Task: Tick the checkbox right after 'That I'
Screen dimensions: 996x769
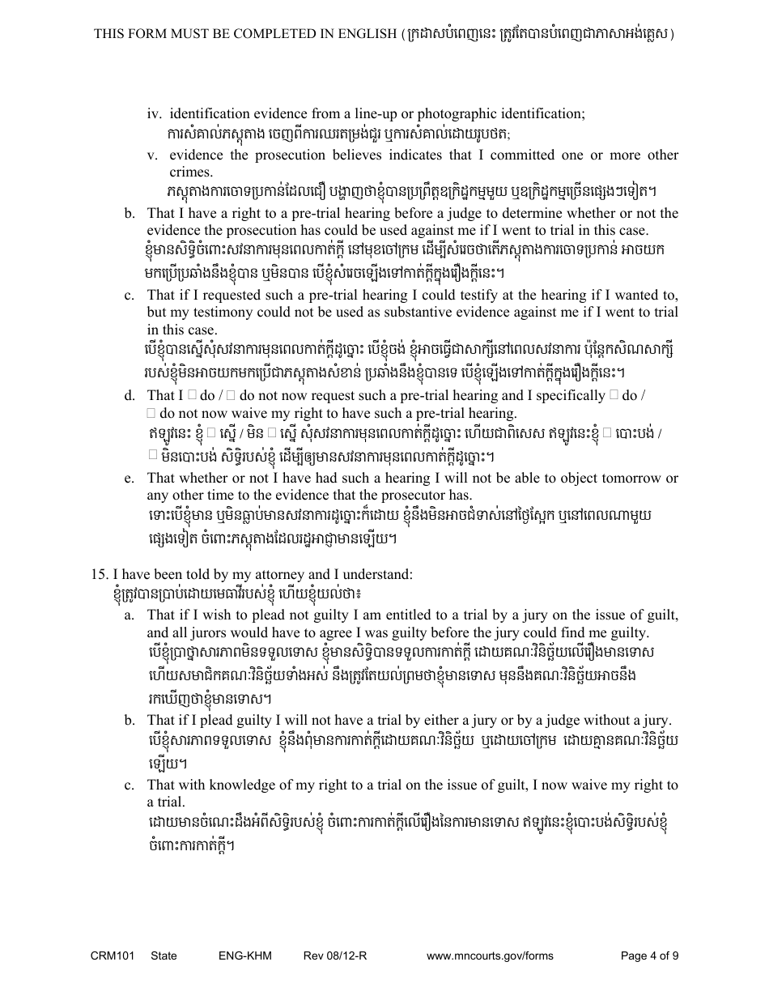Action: [x=192, y=395]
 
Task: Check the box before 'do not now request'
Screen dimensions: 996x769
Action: [x=231, y=395]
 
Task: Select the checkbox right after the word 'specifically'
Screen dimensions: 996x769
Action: [x=614, y=395]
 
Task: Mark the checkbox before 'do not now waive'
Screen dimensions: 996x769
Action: [x=151, y=413]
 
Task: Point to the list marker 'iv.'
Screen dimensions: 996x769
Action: [x=154, y=113]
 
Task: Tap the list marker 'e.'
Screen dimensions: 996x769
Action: [x=130, y=478]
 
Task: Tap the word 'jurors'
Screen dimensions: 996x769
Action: [x=190, y=632]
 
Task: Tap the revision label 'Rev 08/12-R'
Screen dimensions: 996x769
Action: [x=335, y=956]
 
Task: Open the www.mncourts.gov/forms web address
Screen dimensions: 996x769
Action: [x=490, y=956]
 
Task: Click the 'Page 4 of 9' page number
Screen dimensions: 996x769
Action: [x=649, y=956]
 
